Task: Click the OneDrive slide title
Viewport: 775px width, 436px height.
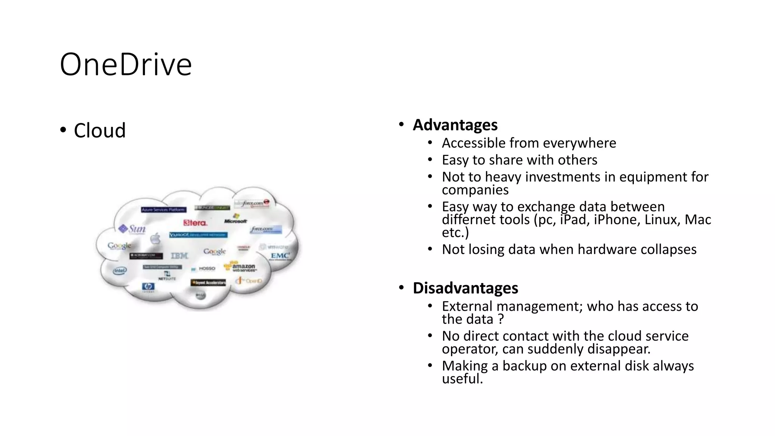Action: (126, 65)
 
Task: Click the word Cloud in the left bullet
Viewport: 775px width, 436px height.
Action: (100, 131)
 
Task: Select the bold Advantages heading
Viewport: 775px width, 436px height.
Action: (455, 125)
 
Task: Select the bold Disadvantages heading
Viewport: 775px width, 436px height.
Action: (465, 288)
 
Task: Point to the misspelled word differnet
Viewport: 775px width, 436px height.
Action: (466, 220)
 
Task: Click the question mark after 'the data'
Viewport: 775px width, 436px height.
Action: (501, 319)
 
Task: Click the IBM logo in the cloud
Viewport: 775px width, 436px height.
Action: (179, 256)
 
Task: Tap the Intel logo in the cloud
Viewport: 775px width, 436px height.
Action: (120, 271)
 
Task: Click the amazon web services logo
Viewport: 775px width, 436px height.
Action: (241, 267)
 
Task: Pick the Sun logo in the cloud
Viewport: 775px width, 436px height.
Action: (132, 229)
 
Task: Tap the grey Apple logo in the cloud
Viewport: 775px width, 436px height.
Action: (155, 239)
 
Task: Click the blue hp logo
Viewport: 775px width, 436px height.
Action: (148, 287)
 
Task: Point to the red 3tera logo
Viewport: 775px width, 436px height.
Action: (195, 223)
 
